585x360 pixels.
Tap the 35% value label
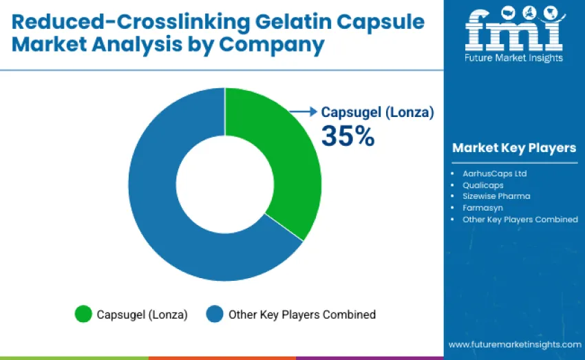point(348,136)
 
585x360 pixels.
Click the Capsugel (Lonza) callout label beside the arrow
point(378,112)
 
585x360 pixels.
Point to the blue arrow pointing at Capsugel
point(303,112)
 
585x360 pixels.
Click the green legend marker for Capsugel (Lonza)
point(83,315)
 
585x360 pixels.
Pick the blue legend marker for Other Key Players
point(215,315)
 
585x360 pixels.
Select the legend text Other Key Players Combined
point(302,315)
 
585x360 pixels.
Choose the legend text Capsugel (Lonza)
point(142,315)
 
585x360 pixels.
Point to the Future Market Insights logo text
point(513,58)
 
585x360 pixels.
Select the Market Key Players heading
point(513,148)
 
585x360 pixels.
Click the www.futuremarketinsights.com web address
point(514,344)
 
